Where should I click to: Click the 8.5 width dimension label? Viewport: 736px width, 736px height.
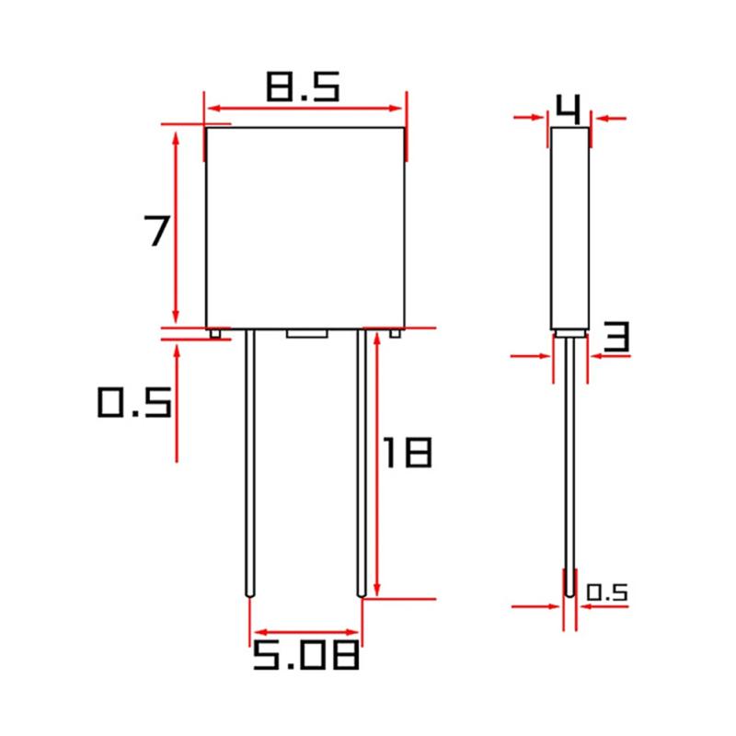point(303,87)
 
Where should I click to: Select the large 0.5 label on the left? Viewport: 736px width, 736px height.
point(134,403)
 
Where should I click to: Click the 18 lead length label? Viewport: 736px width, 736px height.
point(406,453)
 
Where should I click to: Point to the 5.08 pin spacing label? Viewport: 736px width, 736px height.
point(305,657)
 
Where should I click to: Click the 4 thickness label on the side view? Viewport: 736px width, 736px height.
point(569,110)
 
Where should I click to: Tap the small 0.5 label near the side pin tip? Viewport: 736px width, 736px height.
point(606,592)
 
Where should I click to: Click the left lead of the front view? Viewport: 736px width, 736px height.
point(249,460)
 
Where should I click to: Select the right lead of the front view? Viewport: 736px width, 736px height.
point(362,460)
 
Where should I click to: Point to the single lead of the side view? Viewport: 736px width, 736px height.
point(570,460)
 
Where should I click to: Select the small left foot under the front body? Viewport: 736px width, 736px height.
point(214,333)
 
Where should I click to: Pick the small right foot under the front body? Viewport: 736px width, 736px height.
point(395,333)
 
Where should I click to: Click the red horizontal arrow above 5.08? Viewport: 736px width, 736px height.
point(306,632)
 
